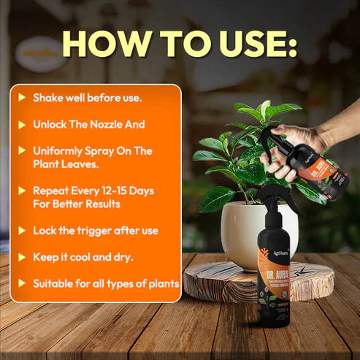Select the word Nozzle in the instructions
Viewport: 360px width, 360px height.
[x=120, y=124]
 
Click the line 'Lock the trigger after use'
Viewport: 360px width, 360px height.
[x=95, y=230]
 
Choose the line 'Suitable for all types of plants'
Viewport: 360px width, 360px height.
[x=106, y=283]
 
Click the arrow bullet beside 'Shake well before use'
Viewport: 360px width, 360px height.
[x=22, y=97]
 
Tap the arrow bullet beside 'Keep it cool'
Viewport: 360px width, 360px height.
[x=22, y=257]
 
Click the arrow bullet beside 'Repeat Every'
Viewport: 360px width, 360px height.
[x=22, y=191]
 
